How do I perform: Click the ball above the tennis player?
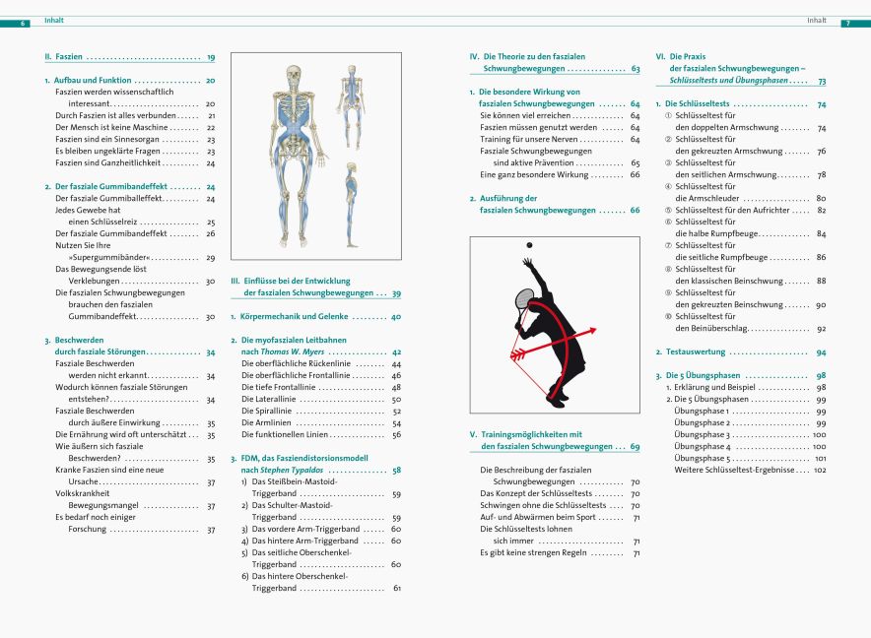pos(528,244)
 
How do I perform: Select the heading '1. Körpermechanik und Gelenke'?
pos(287,317)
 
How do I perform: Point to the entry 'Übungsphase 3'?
pos(703,434)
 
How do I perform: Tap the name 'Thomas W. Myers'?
pos(295,351)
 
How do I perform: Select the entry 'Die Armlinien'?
pos(266,422)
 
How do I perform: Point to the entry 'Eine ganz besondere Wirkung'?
pos(527,174)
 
